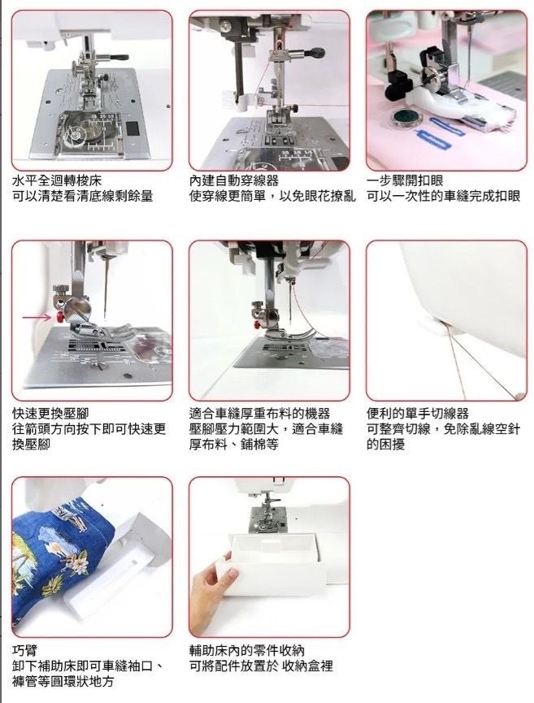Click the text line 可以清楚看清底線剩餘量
point(82,197)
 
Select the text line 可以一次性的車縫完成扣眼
point(443,197)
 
